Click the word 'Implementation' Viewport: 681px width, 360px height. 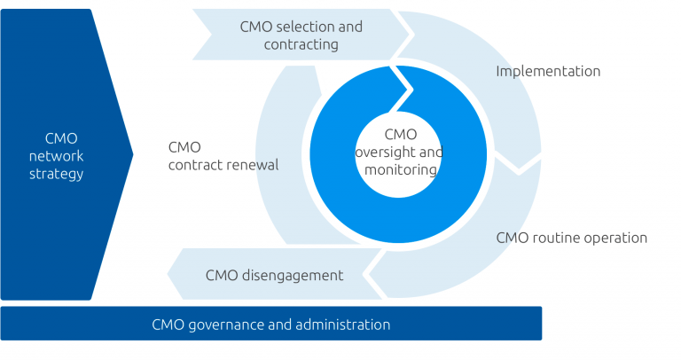click(x=547, y=71)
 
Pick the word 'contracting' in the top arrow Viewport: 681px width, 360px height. click(x=301, y=44)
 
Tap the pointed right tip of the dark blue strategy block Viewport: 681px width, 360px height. click(x=132, y=154)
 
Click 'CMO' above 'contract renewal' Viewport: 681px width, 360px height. click(x=184, y=147)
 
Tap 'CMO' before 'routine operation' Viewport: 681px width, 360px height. click(x=513, y=238)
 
